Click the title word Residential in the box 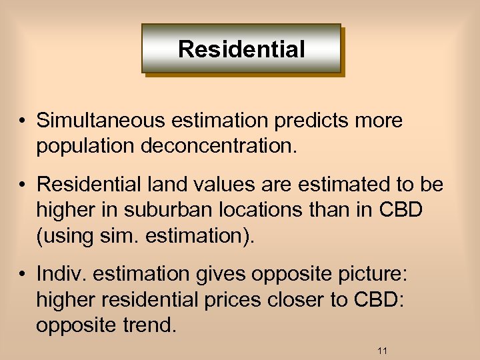241,49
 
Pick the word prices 230,300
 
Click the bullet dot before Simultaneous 23,121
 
